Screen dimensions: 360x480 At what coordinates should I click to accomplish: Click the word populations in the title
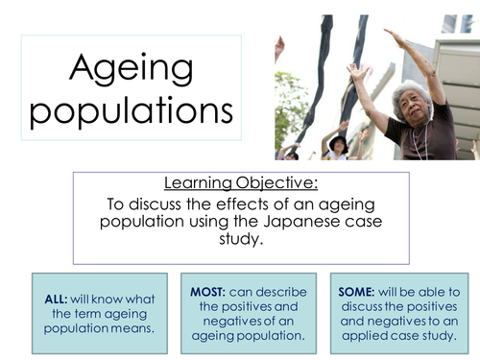(130, 110)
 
